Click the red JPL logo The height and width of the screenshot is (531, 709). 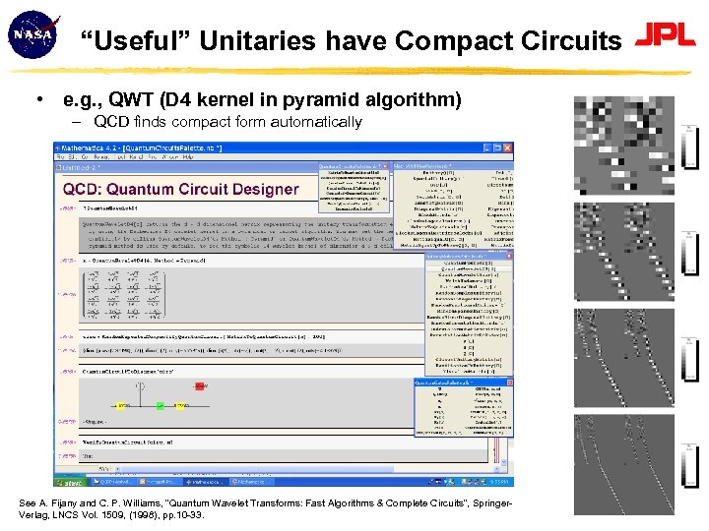pyautogui.click(x=666, y=36)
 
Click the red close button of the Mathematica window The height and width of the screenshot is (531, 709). pyautogui.click(x=508, y=147)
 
